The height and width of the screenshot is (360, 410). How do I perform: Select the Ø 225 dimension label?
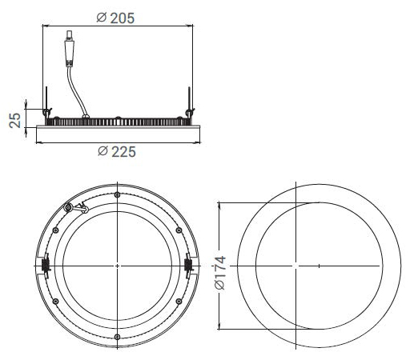coord(117,151)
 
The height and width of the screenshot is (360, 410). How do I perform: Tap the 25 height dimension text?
coord(14,119)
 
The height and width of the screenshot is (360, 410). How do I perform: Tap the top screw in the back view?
coord(118,195)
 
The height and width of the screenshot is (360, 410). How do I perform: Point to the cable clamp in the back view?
coord(78,208)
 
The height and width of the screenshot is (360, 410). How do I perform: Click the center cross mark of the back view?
coord(118,265)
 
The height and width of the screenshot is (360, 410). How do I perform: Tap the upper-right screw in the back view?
coord(179,230)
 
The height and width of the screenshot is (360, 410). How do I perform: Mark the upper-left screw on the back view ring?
coord(56,230)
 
